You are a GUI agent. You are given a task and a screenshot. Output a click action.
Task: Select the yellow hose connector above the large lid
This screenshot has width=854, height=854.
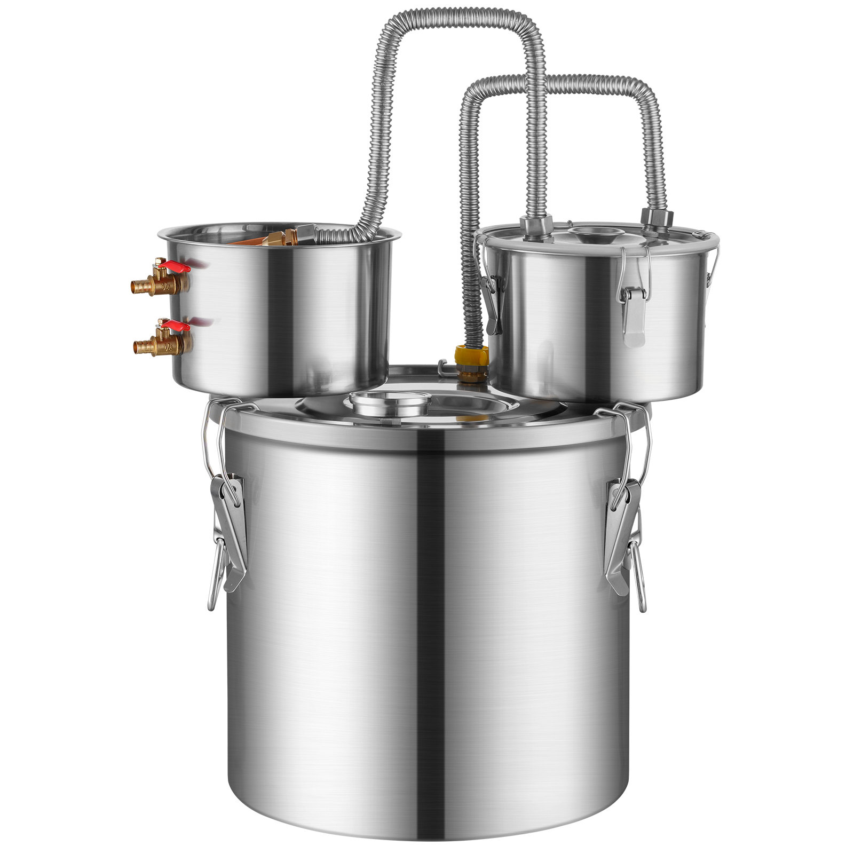coord(472,357)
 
